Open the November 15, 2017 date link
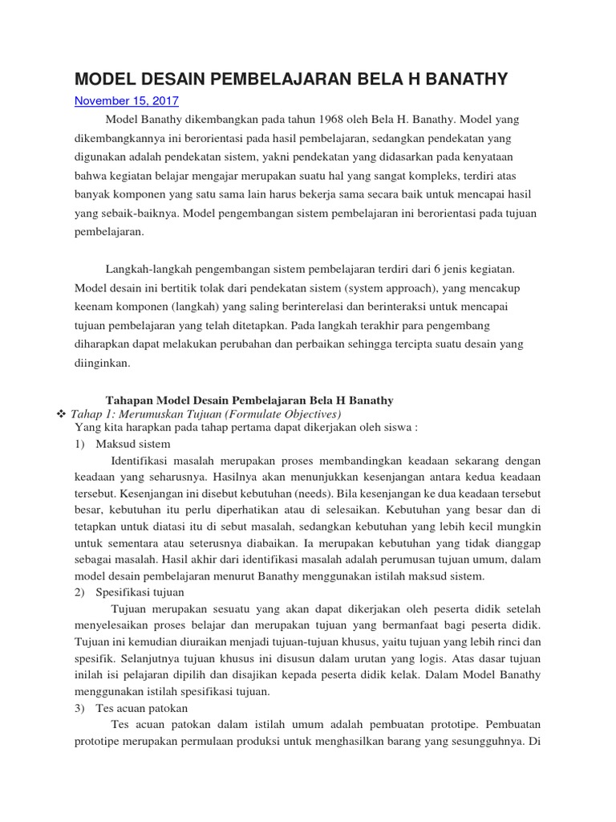(127, 101)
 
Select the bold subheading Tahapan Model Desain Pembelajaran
(249, 400)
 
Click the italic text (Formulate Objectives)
(273, 413)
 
